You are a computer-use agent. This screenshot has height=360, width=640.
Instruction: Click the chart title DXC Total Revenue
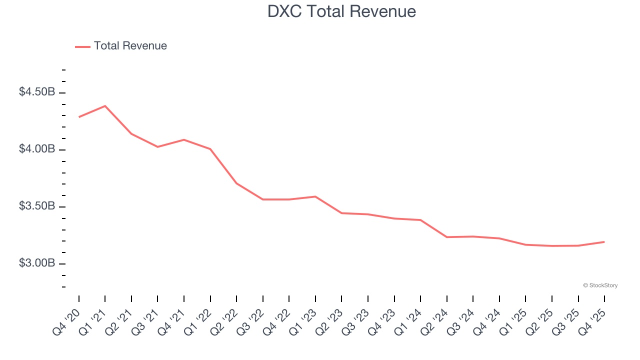341,11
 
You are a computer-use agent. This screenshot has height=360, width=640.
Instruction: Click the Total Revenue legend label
130,46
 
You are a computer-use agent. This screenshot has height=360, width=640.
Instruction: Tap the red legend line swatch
82,46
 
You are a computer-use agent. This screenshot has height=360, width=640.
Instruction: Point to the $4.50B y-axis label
37,92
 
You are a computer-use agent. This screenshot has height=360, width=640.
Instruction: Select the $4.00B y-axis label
37,149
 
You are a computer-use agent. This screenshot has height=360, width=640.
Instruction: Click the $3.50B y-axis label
37,206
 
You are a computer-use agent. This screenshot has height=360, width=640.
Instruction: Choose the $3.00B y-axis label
37,263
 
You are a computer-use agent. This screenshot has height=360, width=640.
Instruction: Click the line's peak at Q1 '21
105,106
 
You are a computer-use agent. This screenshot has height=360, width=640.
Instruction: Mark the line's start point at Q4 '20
79,117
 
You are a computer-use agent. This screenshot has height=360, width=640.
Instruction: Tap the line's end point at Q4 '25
604,242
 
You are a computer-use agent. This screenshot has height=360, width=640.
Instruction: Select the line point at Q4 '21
184,139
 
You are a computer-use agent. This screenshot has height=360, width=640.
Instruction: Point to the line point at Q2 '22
236,183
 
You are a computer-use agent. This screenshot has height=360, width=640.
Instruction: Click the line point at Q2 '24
447,237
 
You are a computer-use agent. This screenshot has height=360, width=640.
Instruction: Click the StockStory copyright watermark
600,285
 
